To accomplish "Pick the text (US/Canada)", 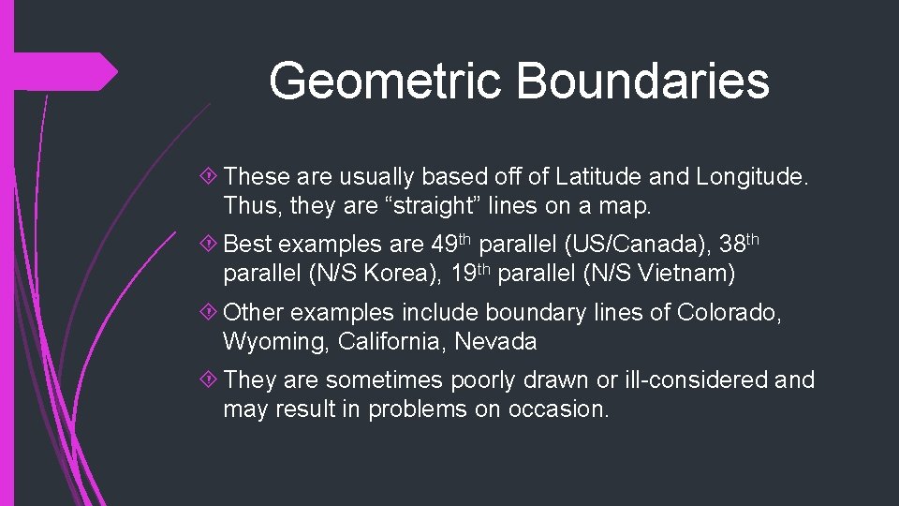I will pos(642,246).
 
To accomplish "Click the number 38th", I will pos(741,245).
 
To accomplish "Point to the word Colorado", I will pos(730,313).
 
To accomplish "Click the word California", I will pos(386,341).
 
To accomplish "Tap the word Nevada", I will pos(495,341).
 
